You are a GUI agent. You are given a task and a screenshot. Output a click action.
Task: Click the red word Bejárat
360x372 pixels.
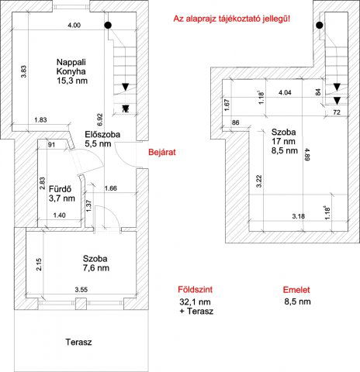point(163,153)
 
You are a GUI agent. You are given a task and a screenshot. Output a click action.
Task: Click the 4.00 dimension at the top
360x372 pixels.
point(73,26)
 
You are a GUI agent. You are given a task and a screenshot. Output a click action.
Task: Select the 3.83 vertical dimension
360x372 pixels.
point(24,72)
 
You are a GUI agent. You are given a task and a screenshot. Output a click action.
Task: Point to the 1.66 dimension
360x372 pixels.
point(111,188)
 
